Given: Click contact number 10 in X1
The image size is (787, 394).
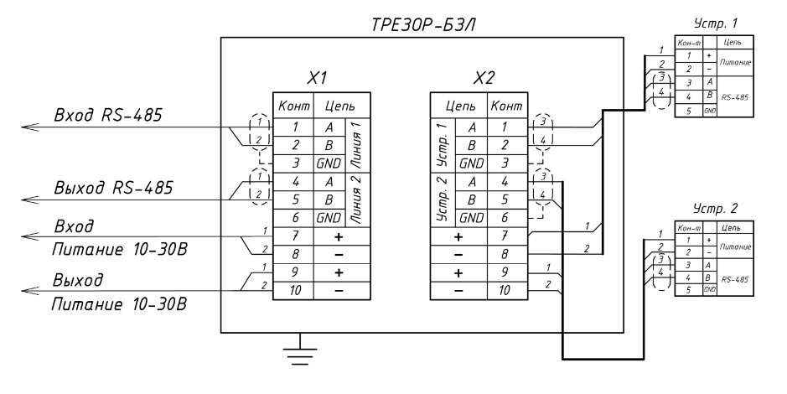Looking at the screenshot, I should coord(296,289).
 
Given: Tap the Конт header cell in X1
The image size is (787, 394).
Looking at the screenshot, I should coord(295,106).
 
